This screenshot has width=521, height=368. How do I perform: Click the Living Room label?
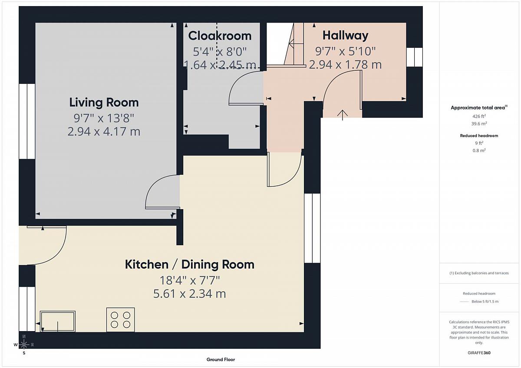[x=104, y=102]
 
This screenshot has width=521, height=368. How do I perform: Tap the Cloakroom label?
[x=220, y=36]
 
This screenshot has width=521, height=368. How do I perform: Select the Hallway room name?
[x=346, y=36]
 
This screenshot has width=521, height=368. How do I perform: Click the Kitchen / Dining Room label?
[x=190, y=265]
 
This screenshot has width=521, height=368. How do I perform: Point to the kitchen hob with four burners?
[x=121, y=320]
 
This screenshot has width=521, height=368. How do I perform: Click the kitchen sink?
[x=58, y=321]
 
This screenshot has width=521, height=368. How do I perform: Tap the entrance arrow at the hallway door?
[x=343, y=115]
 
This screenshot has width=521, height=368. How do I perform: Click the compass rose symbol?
[x=24, y=344]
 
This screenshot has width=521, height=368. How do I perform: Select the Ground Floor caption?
[x=221, y=359]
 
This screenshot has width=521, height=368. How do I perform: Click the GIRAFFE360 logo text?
[x=479, y=353]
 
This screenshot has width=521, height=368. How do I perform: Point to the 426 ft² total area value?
[x=479, y=116]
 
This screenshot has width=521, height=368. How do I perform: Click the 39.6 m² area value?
[x=479, y=123]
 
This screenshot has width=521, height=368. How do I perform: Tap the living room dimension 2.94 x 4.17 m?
[x=104, y=131]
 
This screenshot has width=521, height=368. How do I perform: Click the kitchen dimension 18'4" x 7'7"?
[x=190, y=280]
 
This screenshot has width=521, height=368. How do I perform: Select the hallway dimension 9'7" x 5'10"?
[x=346, y=51]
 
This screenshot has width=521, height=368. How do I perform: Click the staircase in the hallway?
[x=294, y=45]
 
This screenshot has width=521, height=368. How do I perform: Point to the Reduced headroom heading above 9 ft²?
[x=479, y=135]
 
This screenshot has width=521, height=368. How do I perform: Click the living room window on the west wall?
[x=27, y=122]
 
